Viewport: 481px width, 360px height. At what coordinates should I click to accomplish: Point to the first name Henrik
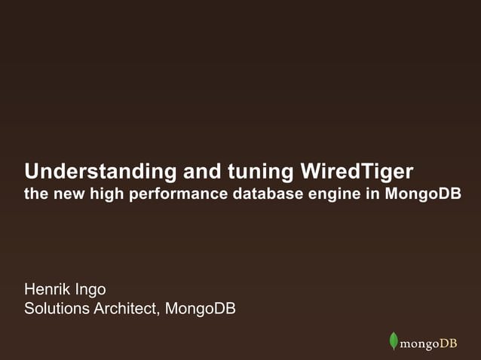coord(47,289)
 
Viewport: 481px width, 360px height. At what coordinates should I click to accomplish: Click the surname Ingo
coord(90,290)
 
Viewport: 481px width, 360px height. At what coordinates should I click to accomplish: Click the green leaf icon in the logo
coord(393,341)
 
